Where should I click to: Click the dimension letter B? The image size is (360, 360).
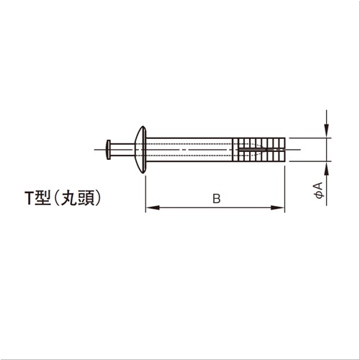tap(217, 199)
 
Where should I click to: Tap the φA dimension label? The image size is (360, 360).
tap(319, 190)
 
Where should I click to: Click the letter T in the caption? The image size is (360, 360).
tap(29, 199)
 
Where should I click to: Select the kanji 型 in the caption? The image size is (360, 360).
tap(42, 199)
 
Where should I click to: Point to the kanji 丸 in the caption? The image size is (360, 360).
tap(68, 199)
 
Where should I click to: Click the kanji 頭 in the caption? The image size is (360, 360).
tap(86, 199)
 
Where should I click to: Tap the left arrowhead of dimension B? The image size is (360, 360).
tap(153, 207)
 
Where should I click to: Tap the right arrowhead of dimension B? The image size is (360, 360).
tap(277, 207)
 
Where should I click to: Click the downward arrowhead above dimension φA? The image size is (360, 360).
tap(326, 131)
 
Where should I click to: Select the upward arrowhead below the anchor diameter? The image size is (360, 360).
tap(326, 168)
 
